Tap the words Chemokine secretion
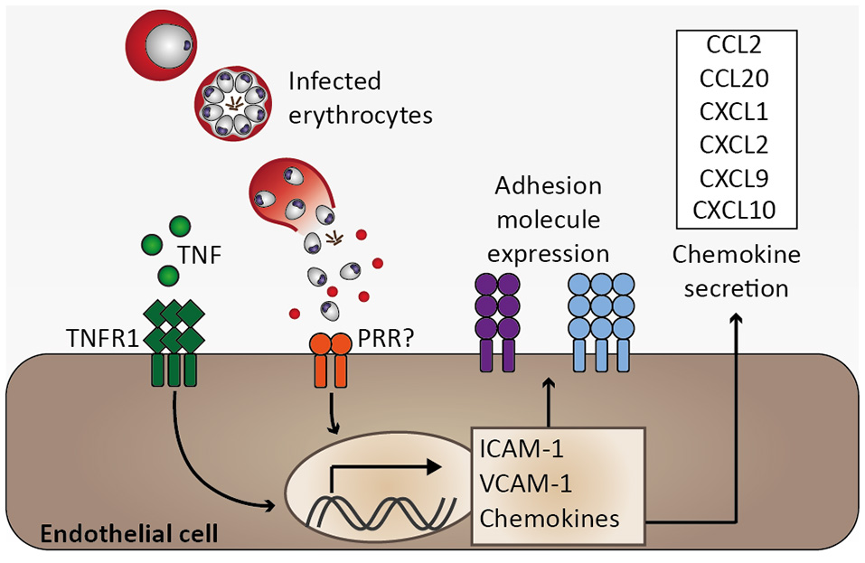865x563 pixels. click(x=736, y=272)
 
